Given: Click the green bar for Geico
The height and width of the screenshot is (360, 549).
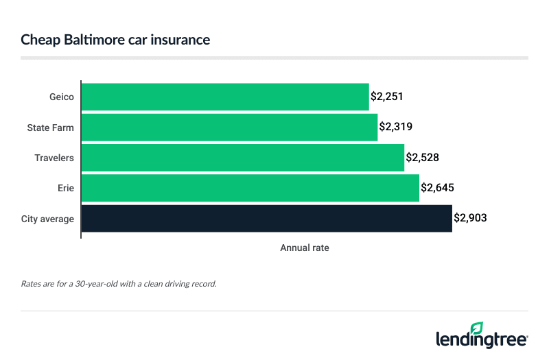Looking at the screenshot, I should coord(225,97).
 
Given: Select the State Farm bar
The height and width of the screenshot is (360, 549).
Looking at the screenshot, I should coord(229,127).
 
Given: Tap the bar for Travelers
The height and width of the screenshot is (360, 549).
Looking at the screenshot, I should coord(243,158).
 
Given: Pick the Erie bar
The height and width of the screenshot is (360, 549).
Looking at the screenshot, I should coord(250,188).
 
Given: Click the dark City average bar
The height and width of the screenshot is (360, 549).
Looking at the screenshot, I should coord(266,219).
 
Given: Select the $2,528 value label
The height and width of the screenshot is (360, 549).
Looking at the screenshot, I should coord(423,158).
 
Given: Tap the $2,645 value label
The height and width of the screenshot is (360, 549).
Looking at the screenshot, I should coord(438,188).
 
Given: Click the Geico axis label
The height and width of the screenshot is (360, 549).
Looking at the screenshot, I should coord(62,97).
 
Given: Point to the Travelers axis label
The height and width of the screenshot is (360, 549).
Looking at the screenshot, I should coord(54,158).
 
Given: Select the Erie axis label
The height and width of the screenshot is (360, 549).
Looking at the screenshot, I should coord(66,188).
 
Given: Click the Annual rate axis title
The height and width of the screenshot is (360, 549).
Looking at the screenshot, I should coord(305,248).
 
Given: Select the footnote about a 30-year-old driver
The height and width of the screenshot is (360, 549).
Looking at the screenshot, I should coord(119,283).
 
